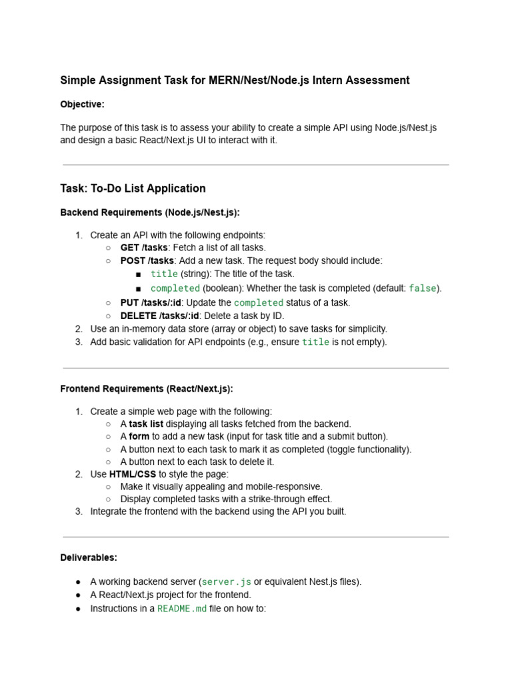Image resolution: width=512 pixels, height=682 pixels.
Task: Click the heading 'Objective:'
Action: pyautogui.click(x=82, y=105)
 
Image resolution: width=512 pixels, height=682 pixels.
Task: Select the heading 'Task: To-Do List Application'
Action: pyautogui.click(x=133, y=188)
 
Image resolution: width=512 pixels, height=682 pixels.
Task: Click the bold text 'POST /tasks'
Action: pyautogui.click(x=147, y=260)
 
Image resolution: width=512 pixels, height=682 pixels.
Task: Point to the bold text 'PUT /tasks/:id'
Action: pyautogui.click(x=151, y=302)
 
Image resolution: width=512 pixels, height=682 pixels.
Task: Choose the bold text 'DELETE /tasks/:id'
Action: pyautogui.click(x=159, y=316)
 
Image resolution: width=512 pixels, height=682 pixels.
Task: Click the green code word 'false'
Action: pyautogui.click(x=422, y=288)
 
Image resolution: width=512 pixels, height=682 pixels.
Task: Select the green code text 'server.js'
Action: pyautogui.click(x=226, y=582)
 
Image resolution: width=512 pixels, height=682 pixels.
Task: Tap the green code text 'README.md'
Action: pyautogui.click(x=182, y=609)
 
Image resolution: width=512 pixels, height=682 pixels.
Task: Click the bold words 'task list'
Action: pyautogui.click(x=146, y=424)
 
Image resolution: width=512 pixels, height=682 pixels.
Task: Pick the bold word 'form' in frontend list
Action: pyautogui.click(x=139, y=436)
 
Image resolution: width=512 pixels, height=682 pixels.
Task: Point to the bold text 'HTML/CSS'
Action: pyautogui.click(x=133, y=474)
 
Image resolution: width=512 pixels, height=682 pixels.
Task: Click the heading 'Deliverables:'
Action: pyautogui.click(x=89, y=557)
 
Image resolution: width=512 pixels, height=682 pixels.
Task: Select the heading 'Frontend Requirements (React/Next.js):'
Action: pyautogui.click(x=147, y=388)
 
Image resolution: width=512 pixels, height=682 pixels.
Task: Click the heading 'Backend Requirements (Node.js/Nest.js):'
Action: pyautogui.click(x=149, y=212)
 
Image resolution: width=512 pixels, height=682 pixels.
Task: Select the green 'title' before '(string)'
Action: pyautogui.click(x=164, y=274)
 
